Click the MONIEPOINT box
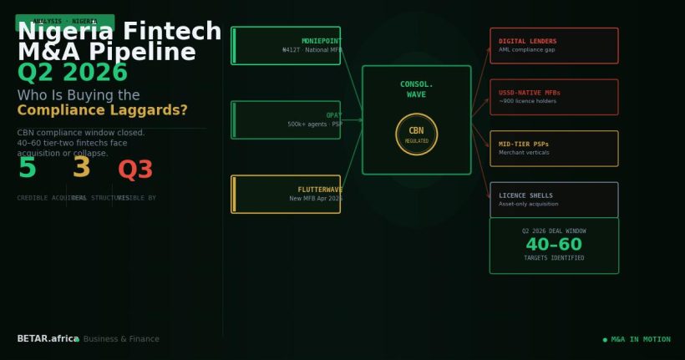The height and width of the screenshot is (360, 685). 286,46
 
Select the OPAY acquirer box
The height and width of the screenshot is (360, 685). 286,120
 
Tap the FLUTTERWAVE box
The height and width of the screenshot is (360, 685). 286,194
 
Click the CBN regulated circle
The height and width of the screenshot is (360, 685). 416,134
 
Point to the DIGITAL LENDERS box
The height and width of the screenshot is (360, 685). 554,46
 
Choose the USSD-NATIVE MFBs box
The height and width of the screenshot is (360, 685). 554,97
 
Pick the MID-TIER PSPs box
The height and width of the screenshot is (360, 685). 554,149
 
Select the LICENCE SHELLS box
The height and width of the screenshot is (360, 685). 554,200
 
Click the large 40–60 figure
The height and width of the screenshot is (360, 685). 554,245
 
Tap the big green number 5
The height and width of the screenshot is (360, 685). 28,169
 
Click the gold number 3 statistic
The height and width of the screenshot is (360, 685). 81,169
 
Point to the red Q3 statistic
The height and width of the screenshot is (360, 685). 135,170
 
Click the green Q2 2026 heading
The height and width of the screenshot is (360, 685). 73,74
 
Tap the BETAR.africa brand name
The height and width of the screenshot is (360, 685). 48,339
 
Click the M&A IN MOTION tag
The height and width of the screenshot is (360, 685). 637,339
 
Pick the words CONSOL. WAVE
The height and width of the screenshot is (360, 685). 416,89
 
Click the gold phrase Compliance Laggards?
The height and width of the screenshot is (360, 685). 102,110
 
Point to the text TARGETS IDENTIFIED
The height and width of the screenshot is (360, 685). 554,258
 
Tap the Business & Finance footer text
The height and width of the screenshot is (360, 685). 121,339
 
